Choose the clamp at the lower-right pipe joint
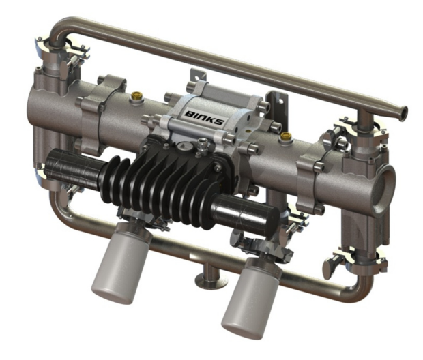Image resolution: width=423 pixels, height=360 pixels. point(345,259)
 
